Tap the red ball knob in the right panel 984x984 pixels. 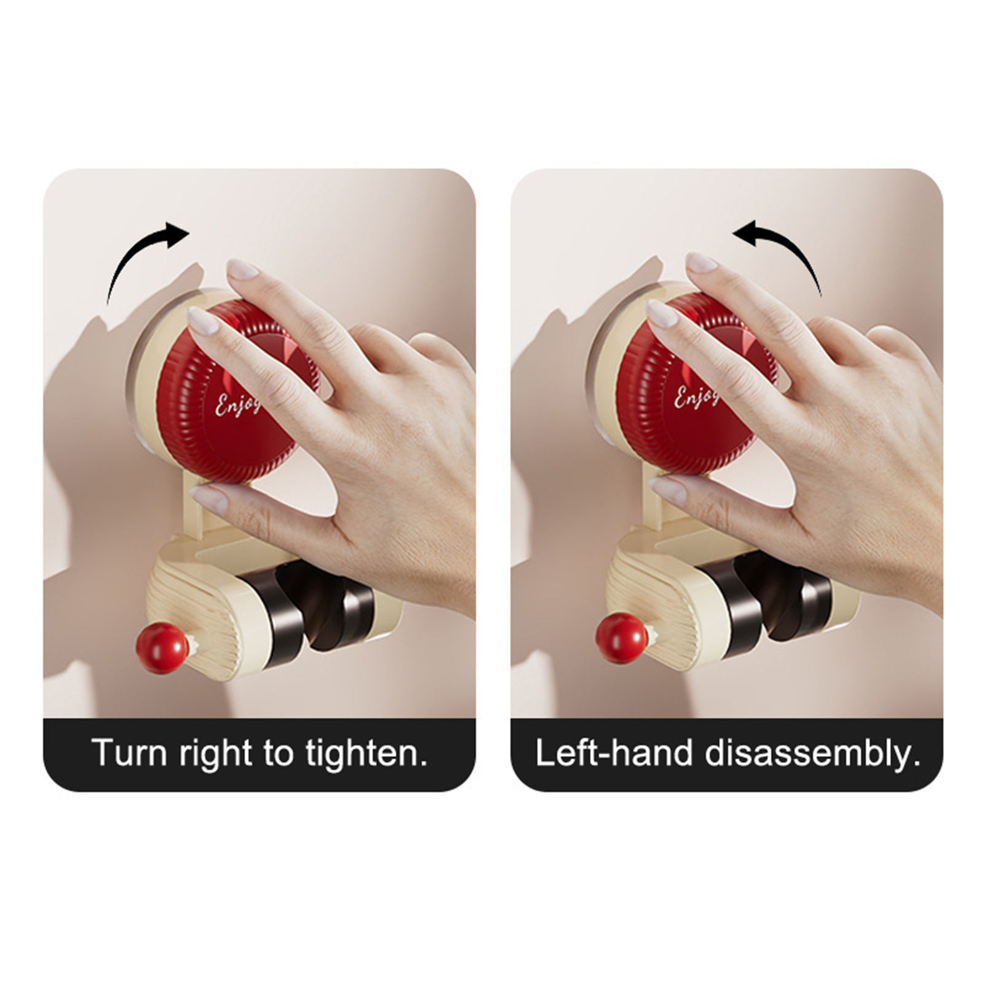(622, 637)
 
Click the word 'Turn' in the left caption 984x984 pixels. (130, 752)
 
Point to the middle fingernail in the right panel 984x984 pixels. (700, 263)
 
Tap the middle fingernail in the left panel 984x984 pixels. (242, 269)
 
